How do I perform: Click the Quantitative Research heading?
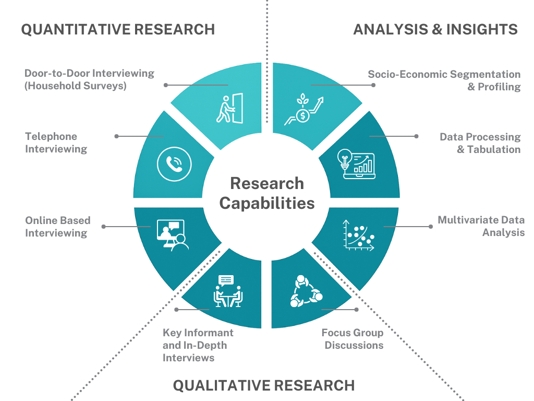click(x=118, y=29)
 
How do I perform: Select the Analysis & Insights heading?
click(x=435, y=29)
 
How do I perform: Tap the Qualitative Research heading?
click(x=264, y=386)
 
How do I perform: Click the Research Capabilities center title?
click(x=267, y=193)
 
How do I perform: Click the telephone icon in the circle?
click(x=174, y=164)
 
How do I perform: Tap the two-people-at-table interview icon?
click(x=228, y=291)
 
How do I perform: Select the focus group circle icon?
click(x=306, y=291)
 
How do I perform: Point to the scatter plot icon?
click(x=359, y=235)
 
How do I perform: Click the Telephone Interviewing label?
click(x=56, y=143)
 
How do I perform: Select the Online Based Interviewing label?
click(x=57, y=227)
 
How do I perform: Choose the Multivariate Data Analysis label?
click(x=481, y=226)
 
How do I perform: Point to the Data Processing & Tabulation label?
click(x=480, y=143)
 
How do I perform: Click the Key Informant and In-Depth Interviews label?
click(x=198, y=345)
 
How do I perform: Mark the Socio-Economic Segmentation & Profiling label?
click(x=444, y=80)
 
